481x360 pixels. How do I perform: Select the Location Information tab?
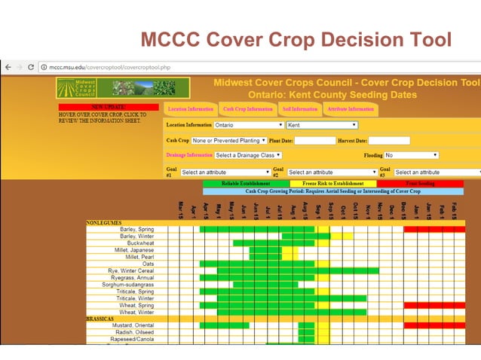pos(190,109)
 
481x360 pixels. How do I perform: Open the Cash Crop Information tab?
pos(247,109)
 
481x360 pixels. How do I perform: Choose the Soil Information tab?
pos(299,109)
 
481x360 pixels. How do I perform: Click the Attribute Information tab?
pos(350,109)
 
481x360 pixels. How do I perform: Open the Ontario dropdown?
pos(249,125)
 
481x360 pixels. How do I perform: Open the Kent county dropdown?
pos(322,125)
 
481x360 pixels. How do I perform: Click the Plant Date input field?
pos(314,141)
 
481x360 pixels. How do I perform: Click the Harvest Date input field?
pos(388,141)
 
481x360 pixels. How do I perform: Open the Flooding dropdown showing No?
pos(412,156)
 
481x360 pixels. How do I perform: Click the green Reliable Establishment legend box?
pos(245,183)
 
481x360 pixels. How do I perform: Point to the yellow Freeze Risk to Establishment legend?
pos(332,183)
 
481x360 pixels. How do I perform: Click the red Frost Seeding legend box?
pos(421,183)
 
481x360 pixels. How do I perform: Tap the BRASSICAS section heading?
pos(100,319)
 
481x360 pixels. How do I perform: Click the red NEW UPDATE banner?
pos(109,108)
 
